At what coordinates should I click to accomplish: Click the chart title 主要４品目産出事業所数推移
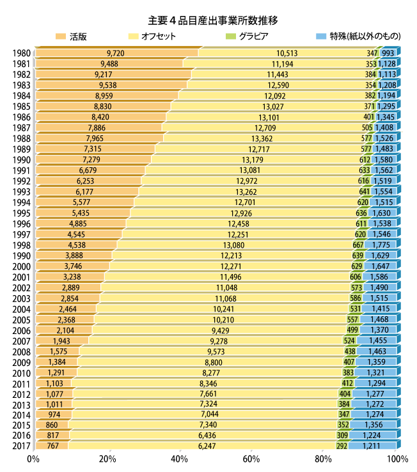208,20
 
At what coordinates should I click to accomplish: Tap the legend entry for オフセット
156,36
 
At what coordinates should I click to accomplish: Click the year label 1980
20,53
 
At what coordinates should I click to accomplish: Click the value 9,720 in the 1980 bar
116,53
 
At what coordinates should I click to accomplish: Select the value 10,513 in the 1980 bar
287,53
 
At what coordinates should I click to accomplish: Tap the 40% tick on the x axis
180,459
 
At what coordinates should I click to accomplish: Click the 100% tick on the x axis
397,459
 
